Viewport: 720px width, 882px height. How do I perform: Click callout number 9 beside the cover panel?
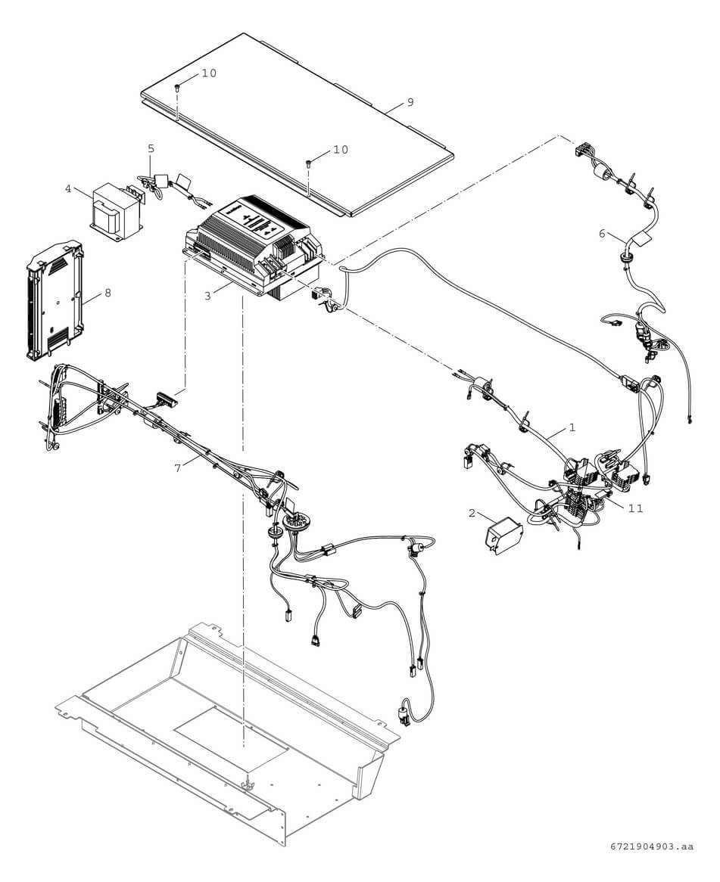click(x=410, y=102)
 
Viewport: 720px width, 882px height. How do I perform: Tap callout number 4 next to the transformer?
click(x=68, y=188)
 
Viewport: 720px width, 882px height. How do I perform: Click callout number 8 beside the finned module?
click(x=108, y=293)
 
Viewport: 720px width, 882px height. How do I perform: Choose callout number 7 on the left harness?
click(x=177, y=468)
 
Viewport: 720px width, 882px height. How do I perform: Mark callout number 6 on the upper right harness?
click(x=602, y=234)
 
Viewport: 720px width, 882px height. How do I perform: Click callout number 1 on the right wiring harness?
click(x=572, y=427)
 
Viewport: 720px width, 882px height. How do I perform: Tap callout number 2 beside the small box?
click(x=472, y=514)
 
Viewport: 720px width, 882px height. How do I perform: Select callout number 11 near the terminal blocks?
click(x=635, y=508)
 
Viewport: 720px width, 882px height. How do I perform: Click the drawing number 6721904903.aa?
click(x=651, y=847)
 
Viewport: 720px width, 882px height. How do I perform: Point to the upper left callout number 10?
click(x=208, y=73)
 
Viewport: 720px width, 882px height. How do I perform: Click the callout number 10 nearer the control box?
click(x=341, y=150)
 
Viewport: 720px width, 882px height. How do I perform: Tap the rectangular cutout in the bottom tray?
click(x=231, y=730)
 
